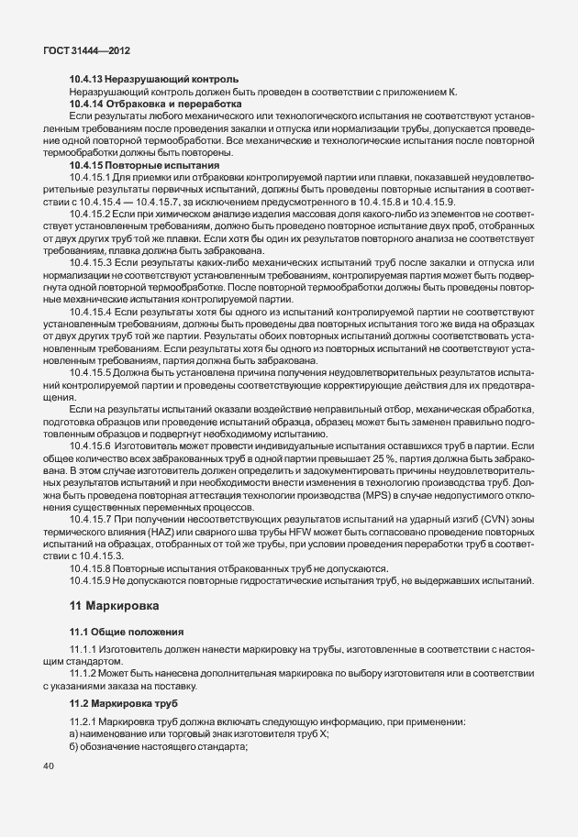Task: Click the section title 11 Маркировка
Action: pos(115,607)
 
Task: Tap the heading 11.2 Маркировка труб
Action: pos(121,702)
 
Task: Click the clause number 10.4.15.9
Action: pos(90,580)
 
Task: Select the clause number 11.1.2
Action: pos(83,674)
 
